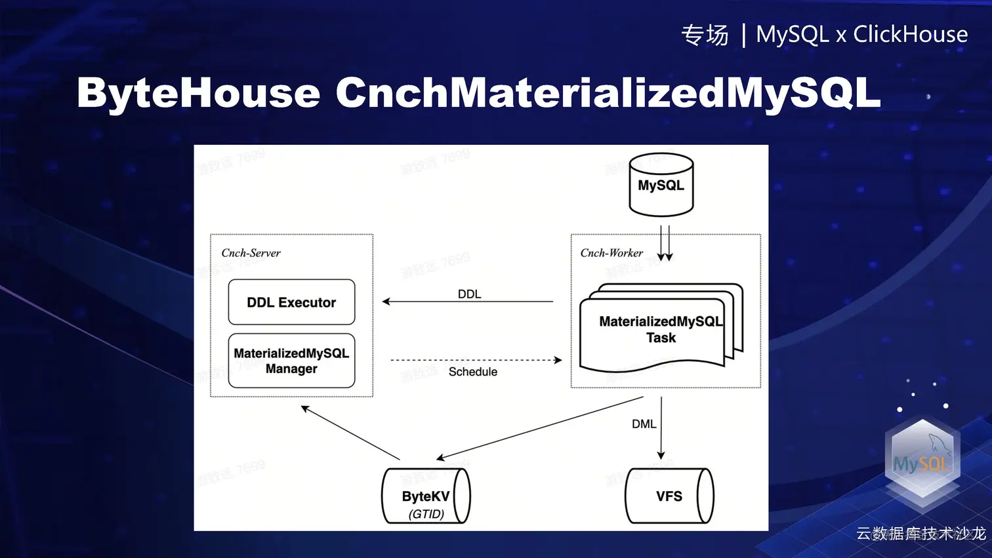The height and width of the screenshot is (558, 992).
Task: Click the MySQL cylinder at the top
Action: [661, 185]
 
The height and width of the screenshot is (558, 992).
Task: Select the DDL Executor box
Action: [291, 302]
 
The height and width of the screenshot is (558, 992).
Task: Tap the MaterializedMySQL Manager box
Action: [291, 361]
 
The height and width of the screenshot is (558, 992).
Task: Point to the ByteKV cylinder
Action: [426, 496]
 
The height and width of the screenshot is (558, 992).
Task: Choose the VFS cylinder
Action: [669, 496]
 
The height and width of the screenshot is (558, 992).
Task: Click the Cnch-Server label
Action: [251, 253]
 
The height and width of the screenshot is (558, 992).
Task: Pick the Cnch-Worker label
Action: [611, 253]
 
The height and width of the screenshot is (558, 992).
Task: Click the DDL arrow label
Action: [469, 294]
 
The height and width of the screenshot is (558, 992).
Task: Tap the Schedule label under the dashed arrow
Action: [472, 372]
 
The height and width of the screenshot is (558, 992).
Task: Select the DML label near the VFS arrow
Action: [644, 424]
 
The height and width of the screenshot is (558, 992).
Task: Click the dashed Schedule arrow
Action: [476, 360]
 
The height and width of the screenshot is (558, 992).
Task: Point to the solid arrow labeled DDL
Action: [467, 302]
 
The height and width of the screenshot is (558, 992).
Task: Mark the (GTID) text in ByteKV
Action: [426, 514]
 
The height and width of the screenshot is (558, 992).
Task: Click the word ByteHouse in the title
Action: [198, 92]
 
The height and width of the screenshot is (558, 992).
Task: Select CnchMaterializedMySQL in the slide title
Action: [608, 92]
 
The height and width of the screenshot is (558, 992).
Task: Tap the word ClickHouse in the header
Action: [910, 34]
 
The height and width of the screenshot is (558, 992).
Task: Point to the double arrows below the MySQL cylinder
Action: [665, 243]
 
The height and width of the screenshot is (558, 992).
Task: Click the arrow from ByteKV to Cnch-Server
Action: [350, 433]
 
